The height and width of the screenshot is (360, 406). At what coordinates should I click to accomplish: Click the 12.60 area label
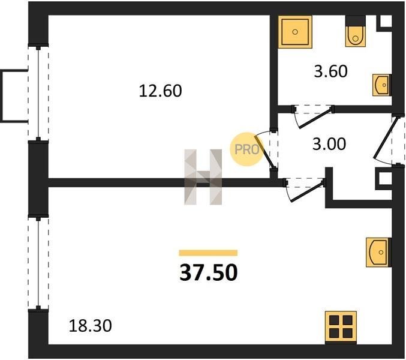160,91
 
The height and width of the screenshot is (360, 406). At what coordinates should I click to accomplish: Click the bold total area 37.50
209,274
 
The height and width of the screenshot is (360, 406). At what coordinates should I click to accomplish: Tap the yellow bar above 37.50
209,253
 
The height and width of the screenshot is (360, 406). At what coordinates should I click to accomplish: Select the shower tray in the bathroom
295,32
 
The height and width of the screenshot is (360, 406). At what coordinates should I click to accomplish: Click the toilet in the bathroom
354,34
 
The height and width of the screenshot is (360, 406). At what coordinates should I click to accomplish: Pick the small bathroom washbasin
380,85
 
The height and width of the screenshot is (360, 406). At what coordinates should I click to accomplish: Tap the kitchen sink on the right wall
378,253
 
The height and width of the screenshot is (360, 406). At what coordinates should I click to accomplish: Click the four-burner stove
340,326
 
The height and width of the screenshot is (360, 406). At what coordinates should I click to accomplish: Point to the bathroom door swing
313,117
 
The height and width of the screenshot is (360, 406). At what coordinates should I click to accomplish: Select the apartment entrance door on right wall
384,140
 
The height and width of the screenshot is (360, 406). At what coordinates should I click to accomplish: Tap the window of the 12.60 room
39,93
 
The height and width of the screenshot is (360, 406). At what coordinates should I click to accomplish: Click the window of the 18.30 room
39,262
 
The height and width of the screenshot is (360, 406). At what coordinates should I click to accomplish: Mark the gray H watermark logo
203,176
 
